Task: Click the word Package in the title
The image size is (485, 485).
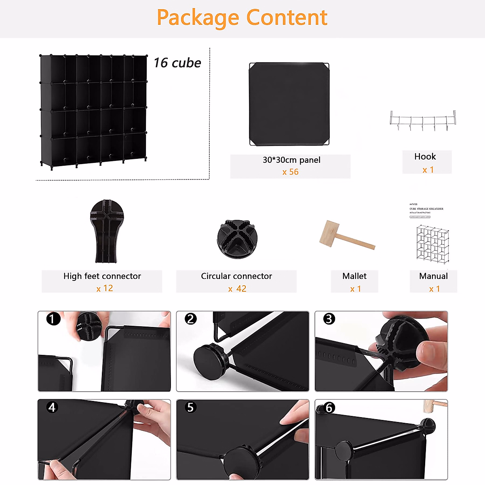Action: (x=198, y=18)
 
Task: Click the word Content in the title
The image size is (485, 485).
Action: (x=287, y=17)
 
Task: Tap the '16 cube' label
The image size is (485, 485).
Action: (x=177, y=63)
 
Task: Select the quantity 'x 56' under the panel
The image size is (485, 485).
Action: (x=290, y=172)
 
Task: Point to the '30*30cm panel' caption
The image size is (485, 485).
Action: (x=291, y=160)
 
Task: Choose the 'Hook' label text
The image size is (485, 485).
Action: (x=425, y=156)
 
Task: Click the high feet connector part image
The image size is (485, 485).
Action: (x=106, y=230)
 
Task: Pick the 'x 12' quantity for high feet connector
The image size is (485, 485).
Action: (x=105, y=288)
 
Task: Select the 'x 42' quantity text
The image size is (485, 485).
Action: (x=237, y=289)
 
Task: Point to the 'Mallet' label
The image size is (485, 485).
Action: (x=354, y=276)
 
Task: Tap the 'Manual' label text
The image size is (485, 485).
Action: (x=433, y=276)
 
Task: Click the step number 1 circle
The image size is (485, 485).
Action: (x=53, y=319)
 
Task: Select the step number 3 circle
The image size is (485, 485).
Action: (x=329, y=319)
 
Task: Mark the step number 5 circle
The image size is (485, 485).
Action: (x=190, y=407)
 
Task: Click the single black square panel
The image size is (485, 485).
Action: (x=289, y=104)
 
